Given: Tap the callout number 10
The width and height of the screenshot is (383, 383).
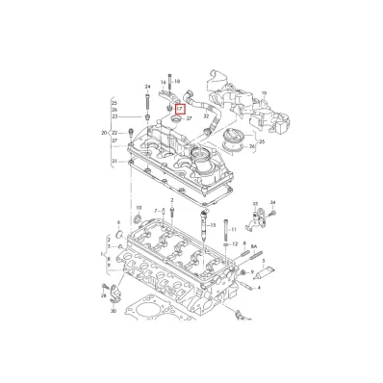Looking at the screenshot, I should pos(139,207).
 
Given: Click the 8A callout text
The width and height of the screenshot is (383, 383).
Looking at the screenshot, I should pos(255,246).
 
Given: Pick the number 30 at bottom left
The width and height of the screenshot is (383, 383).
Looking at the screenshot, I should pos(114,311).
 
